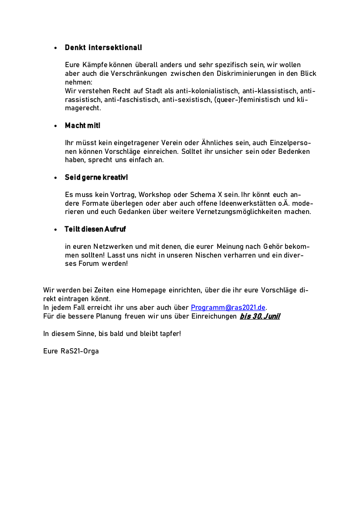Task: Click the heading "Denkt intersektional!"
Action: (x=103, y=48)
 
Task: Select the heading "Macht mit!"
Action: (x=82, y=126)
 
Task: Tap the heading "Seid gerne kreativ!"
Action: (x=96, y=177)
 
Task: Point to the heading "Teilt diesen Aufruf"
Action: (x=95, y=229)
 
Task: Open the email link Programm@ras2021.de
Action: (x=228, y=308)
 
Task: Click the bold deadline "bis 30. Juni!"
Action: (x=259, y=316)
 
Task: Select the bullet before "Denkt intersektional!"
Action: (x=55, y=48)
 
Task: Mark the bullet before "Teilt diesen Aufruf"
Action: (x=55, y=230)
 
